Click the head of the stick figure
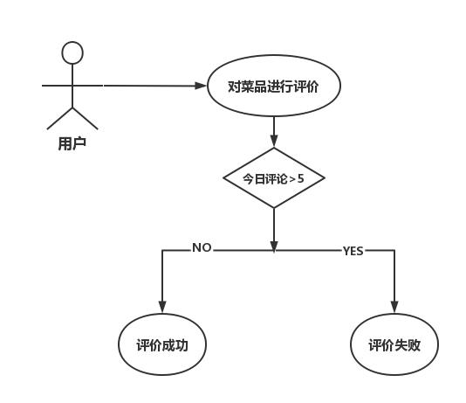(72, 52)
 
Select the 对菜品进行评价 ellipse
(273, 86)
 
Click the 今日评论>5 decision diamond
(273, 178)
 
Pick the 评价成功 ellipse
(162, 344)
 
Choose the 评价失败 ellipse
(394, 344)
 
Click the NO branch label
(202, 248)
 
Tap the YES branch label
(353, 251)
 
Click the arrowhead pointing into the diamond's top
(274, 142)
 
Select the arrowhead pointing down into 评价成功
(162, 307)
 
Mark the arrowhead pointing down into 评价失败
(394, 307)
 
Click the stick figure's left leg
(60, 118)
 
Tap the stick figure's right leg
(85, 118)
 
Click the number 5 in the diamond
(301, 178)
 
